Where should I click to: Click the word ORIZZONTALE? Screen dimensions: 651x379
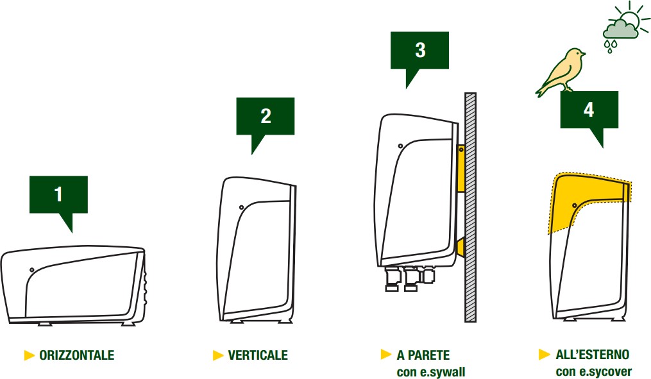tap(77, 355)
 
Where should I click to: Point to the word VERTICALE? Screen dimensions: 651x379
tap(258, 355)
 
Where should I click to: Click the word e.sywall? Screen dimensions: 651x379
tap(443, 372)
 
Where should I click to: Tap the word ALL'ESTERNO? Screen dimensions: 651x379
tap(593, 355)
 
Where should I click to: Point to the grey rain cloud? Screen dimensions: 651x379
tap(620, 30)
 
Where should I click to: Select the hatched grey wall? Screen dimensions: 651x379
tap(470, 207)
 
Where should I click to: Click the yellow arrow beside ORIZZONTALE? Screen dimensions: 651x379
tap(30, 355)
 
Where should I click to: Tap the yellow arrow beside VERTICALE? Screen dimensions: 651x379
tap(218, 355)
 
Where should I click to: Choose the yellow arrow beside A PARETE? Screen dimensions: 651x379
tap(385, 354)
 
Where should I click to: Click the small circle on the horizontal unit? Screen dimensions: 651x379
tap(32, 270)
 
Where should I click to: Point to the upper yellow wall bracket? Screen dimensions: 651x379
tap(461, 168)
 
